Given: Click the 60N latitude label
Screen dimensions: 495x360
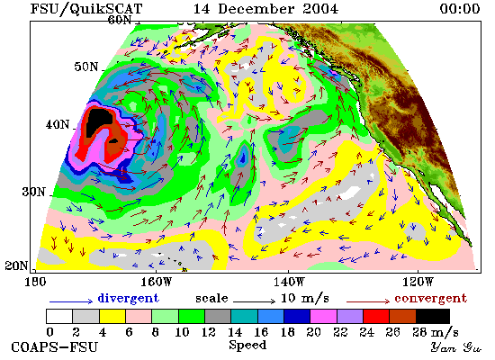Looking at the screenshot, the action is click(120, 20).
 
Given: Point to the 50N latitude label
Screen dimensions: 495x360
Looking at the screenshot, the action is click(86, 67).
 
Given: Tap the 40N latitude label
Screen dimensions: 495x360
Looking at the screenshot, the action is click(58, 124).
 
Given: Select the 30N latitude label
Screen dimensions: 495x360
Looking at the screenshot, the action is click(34, 192).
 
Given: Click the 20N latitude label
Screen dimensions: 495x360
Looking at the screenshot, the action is click(16, 265).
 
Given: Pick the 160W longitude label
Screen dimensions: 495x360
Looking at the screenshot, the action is click(157, 282).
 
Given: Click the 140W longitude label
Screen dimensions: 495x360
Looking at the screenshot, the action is click(289, 282).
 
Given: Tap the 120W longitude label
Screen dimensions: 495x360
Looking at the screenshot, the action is click(418, 282).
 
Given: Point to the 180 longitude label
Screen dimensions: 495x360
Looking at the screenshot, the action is click(35, 282).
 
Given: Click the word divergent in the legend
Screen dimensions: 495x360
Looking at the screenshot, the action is click(128, 298).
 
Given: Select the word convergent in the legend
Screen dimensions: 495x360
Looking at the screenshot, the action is click(430, 298).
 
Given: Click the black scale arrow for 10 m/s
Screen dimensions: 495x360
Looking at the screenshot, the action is click(255, 301).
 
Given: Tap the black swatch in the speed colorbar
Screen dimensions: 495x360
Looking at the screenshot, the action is click(433, 317).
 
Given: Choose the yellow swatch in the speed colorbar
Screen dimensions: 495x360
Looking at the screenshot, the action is click(112, 317).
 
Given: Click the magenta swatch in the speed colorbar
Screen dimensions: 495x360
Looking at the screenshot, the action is click(324, 317).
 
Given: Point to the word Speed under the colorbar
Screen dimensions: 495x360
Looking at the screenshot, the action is click(247, 346).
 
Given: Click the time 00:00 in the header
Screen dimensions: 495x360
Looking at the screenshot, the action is click(460, 8).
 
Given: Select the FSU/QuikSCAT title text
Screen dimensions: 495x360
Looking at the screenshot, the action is click(86, 8).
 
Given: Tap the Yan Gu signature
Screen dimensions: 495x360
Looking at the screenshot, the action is click(456, 346).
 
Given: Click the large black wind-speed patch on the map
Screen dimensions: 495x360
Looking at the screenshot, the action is click(98, 121).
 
